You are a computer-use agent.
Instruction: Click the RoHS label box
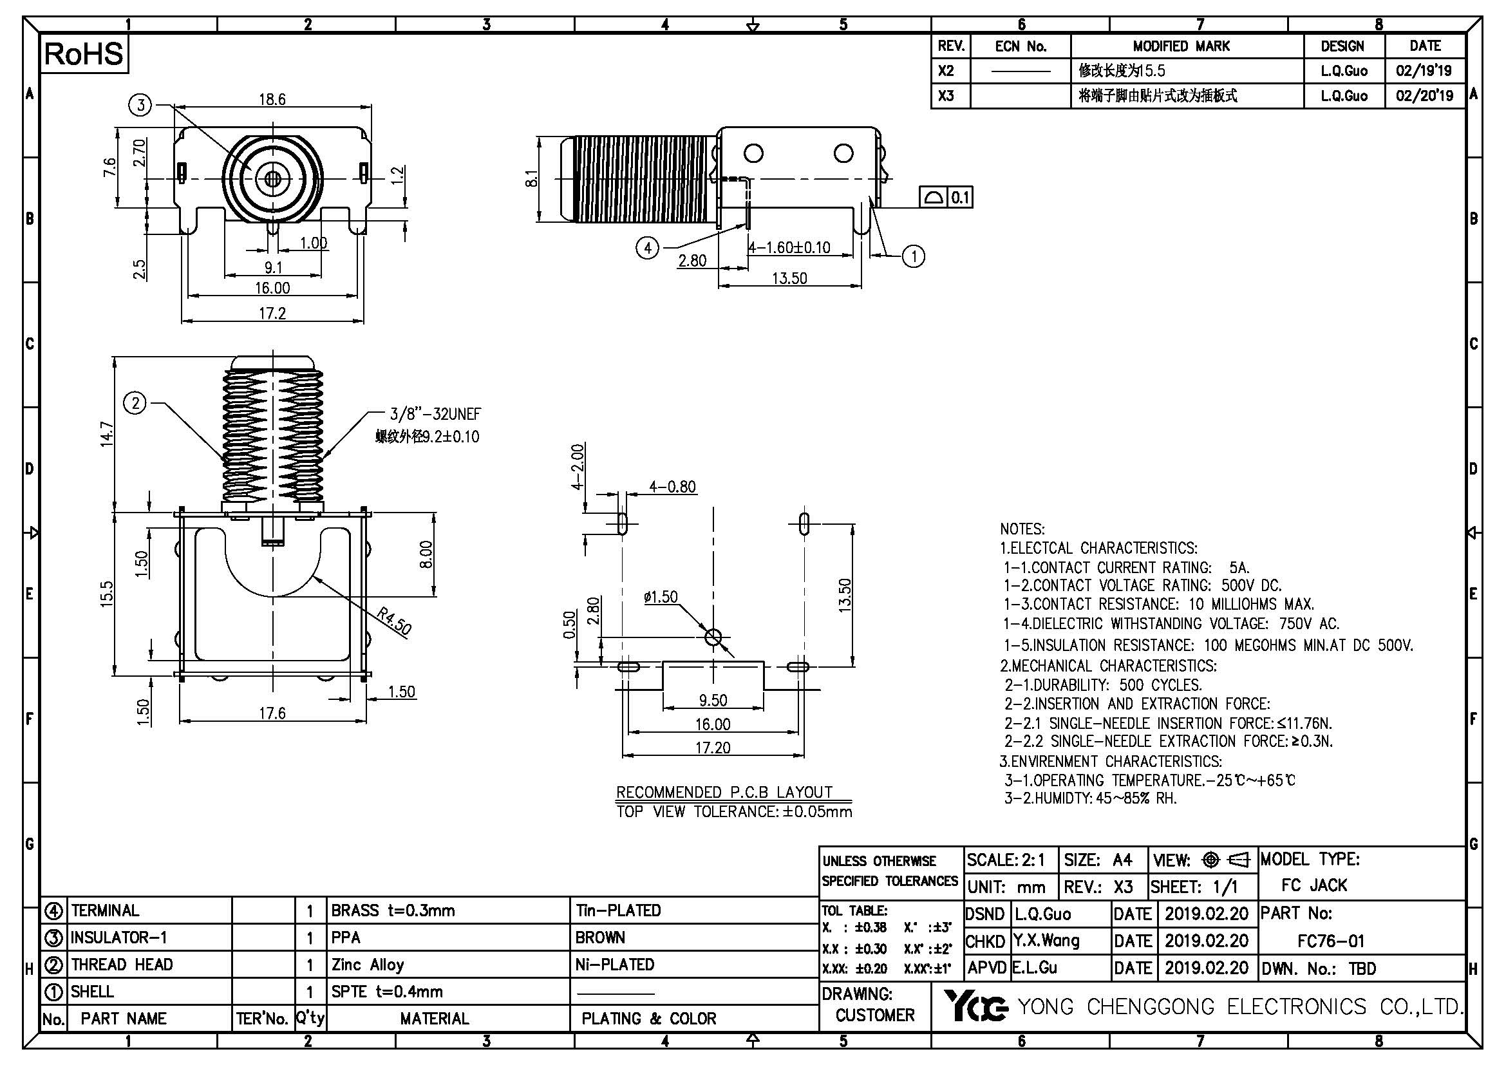(84, 54)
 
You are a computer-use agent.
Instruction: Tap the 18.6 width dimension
(272, 100)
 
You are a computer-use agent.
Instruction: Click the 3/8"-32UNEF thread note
(435, 414)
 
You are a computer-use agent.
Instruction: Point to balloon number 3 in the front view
(140, 105)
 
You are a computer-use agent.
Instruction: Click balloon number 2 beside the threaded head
(136, 402)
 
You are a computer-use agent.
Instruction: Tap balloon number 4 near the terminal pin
(647, 249)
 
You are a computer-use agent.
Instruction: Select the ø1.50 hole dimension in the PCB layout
(661, 597)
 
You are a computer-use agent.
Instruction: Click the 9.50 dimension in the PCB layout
(713, 701)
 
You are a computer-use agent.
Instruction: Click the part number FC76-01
(1330, 941)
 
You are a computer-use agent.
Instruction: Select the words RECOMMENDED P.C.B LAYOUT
(724, 792)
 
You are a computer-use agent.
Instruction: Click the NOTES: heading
(1022, 529)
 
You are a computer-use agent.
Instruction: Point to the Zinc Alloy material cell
(367, 965)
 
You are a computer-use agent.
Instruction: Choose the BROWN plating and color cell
(600, 938)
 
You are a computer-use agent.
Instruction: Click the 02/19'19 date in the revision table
(1424, 71)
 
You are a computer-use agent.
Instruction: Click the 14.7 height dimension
(107, 435)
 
